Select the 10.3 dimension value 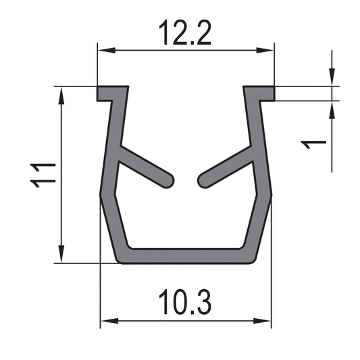pos(184,302)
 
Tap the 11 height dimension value pos(42,174)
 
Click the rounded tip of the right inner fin pos(203,179)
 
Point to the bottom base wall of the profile pos(185,256)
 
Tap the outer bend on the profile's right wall pos(271,194)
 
